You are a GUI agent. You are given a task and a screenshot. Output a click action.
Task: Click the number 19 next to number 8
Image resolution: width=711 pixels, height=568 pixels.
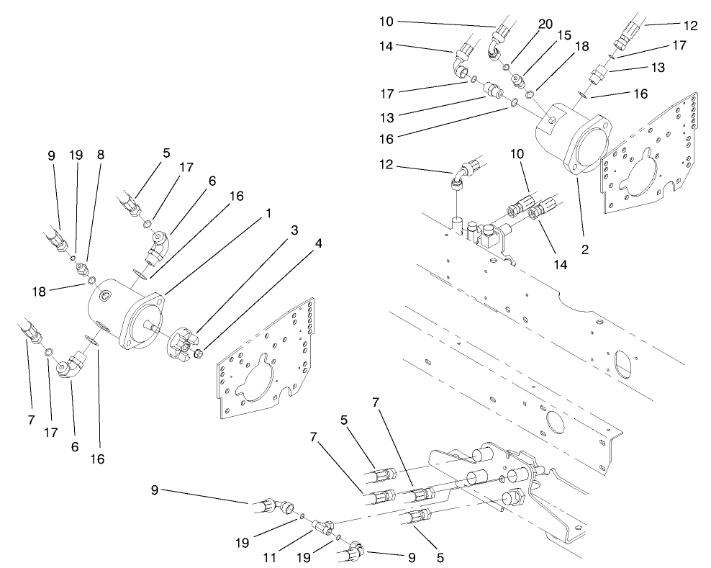[x=76, y=154]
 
